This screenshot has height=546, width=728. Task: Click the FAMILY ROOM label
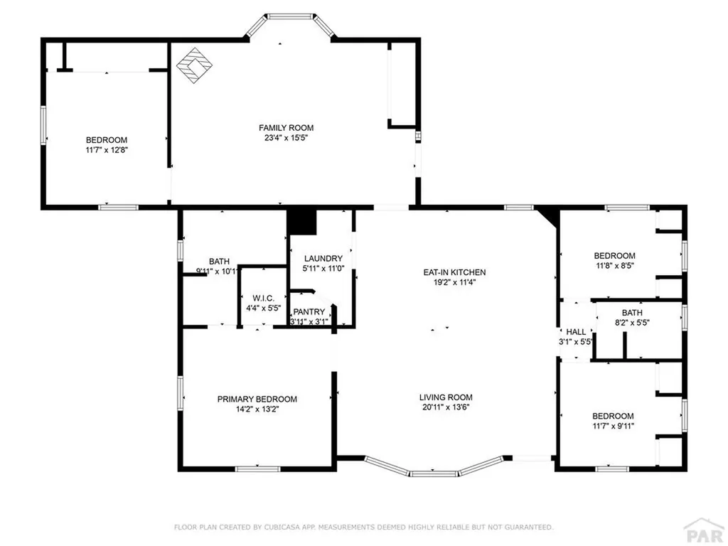(283, 127)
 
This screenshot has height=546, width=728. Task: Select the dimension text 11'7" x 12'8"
(107, 150)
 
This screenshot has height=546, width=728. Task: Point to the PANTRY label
(309, 311)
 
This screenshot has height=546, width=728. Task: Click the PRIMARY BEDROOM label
(257, 399)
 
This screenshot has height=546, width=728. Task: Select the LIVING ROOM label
(445, 397)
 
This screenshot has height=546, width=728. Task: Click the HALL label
(576, 332)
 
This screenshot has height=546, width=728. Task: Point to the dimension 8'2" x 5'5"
(632, 322)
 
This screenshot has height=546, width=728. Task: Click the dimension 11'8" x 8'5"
(614, 266)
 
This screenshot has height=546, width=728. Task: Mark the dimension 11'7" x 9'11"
(613, 426)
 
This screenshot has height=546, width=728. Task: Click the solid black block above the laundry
(301, 222)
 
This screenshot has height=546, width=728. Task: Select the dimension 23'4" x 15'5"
(283, 138)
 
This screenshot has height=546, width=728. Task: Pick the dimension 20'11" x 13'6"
(445, 407)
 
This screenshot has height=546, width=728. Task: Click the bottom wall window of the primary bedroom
(257, 469)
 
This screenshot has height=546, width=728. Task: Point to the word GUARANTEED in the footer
(525, 527)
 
